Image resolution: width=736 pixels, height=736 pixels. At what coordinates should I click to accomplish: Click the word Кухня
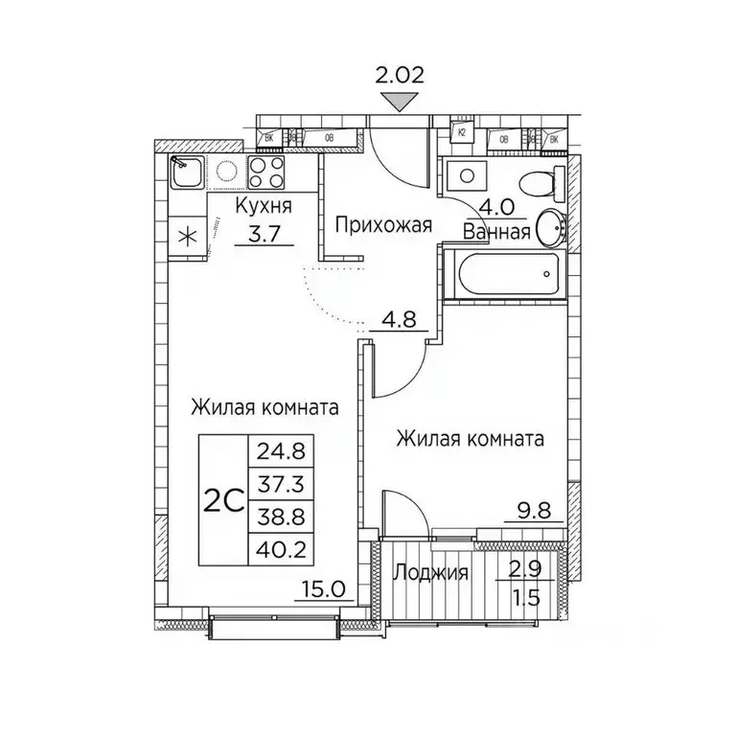pyautogui.click(x=264, y=206)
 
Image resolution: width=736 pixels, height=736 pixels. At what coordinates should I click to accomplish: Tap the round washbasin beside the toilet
pyautogui.click(x=550, y=228)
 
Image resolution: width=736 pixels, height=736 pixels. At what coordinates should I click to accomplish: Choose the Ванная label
pyautogui.click(x=496, y=231)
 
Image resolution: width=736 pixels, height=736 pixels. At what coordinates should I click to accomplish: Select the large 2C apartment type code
pyautogui.click(x=222, y=499)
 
